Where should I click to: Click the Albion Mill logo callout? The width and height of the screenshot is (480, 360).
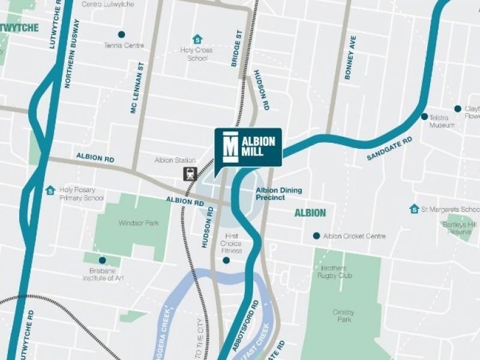(x=248, y=147)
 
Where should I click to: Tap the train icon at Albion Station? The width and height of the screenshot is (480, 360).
(x=191, y=174)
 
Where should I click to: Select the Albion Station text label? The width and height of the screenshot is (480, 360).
(x=175, y=160)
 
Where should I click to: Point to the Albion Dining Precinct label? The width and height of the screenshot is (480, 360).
(x=279, y=194)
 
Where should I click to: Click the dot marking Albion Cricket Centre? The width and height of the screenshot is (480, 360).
(x=316, y=236)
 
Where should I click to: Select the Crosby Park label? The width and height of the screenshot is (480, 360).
(x=343, y=316)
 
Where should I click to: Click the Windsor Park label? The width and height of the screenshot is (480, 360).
(x=139, y=223)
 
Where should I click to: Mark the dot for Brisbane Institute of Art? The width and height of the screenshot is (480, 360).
(x=102, y=260)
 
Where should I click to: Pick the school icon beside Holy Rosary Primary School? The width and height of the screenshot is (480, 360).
(x=50, y=190)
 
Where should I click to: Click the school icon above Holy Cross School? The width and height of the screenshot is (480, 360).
(x=197, y=39)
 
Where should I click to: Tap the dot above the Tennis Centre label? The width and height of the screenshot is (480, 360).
(x=122, y=34)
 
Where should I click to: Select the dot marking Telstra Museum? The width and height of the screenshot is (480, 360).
(x=424, y=116)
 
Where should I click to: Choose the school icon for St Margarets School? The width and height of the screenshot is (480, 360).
(x=414, y=209)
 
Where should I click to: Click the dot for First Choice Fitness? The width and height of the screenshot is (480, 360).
(x=226, y=260)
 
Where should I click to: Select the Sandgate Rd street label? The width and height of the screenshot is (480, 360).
(x=390, y=149)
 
